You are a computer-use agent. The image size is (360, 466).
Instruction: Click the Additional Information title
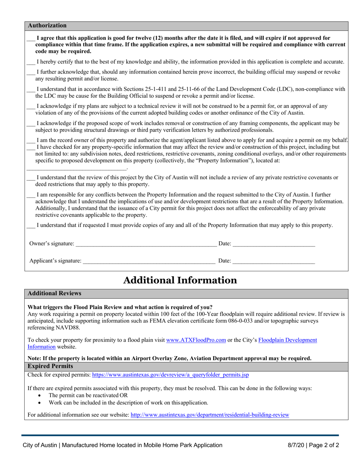[x=180, y=280]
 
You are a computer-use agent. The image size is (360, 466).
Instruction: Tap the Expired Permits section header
[x=50, y=366]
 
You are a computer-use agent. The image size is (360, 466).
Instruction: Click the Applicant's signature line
[x=149, y=261]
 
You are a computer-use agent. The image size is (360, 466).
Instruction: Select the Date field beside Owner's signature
[x=273, y=244]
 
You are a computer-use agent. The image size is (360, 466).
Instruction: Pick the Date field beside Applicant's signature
[x=273, y=261]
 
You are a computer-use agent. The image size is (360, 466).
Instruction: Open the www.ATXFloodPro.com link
[x=196, y=340]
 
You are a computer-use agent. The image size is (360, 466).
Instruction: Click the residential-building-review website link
[x=210, y=415]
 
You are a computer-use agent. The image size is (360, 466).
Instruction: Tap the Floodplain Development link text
[x=288, y=340]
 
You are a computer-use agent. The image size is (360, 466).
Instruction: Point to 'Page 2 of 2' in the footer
[x=324, y=446]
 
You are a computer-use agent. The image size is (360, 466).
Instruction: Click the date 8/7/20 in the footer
[x=295, y=446]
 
